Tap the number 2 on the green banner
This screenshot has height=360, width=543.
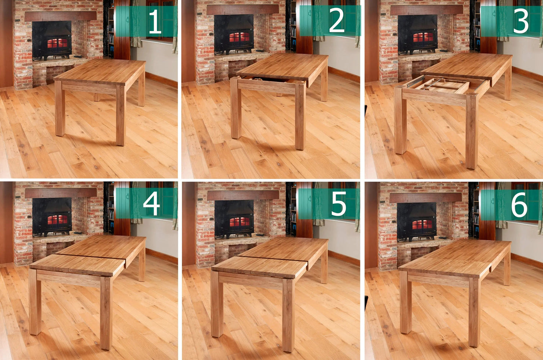(x=336, y=21)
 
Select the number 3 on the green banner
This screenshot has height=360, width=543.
(x=521, y=21)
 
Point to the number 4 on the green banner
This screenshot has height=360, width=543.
(x=151, y=204)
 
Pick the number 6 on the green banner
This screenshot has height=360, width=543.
(x=519, y=205)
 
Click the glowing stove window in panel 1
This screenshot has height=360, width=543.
(x=57, y=43)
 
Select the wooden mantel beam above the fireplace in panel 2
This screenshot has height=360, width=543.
(x=242, y=9)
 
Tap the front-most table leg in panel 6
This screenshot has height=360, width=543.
(x=474, y=312)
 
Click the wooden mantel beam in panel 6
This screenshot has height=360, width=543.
(x=425, y=197)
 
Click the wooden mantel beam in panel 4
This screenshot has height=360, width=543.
(x=61, y=193)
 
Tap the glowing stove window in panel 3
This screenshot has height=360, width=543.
(x=423, y=37)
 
